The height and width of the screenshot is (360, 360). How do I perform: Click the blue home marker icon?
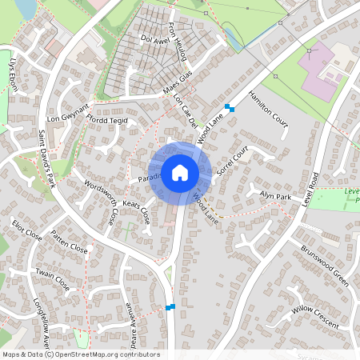pos(180,173)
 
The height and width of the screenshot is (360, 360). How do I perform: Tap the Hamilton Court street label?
pos(267,106)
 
